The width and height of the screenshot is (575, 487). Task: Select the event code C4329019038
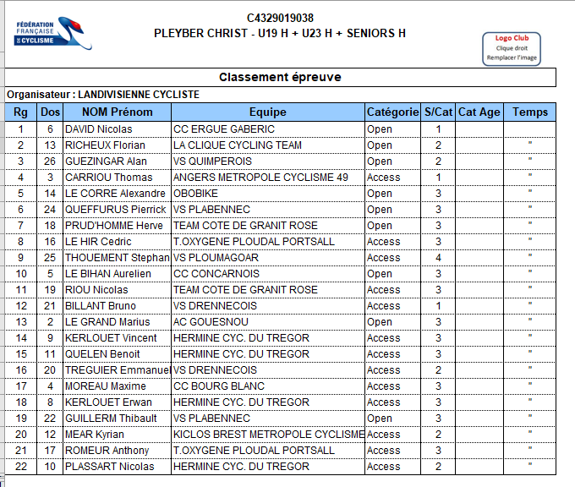click(280, 18)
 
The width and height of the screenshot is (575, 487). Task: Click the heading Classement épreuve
click(280, 77)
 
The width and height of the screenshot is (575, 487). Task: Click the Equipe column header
click(267, 112)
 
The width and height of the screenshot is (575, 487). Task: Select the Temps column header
click(529, 112)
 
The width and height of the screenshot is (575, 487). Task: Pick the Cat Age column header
click(479, 112)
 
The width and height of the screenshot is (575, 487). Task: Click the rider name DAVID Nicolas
click(99, 129)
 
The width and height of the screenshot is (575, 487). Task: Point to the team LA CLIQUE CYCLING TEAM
click(237, 145)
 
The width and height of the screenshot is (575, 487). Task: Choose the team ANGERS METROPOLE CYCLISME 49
click(260, 178)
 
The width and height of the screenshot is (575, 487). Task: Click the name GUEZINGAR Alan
click(107, 161)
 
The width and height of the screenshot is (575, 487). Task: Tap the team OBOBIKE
click(196, 194)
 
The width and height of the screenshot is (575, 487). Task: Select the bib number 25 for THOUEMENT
click(50, 258)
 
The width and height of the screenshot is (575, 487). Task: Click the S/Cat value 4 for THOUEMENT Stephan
click(438, 258)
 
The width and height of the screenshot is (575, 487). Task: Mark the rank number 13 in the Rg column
click(20, 322)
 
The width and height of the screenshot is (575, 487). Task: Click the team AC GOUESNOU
click(211, 322)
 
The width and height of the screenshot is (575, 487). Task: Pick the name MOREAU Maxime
click(106, 386)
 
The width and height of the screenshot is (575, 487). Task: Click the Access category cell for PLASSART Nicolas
click(384, 467)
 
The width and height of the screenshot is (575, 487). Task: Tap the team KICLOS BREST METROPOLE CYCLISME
click(268, 435)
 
